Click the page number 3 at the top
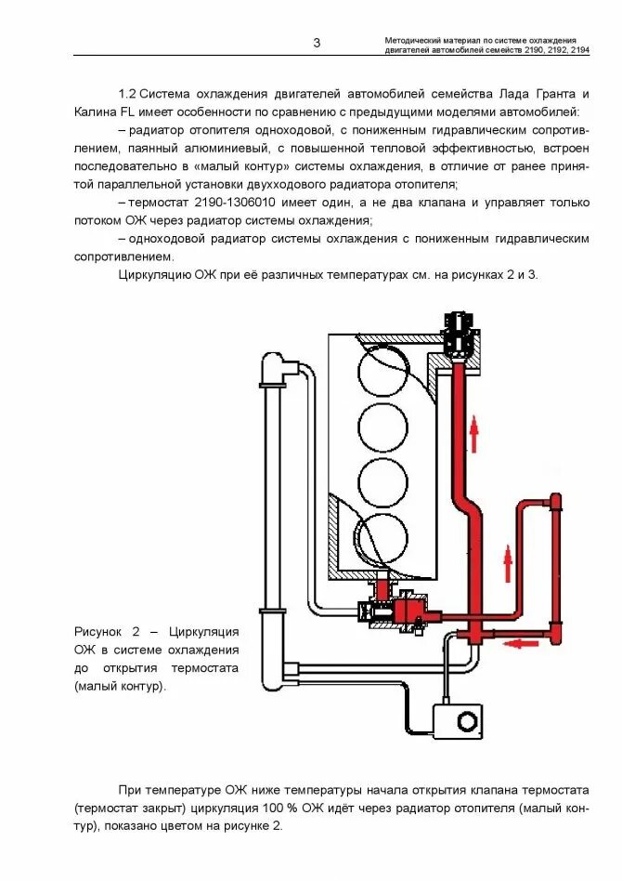pyautogui.click(x=317, y=43)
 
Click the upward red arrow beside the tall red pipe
pyautogui.click(x=473, y=433)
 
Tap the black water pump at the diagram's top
pyautogui.click(x=459, y=337)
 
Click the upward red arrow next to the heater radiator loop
pyautogui.click(x=508, y=562)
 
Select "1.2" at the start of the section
pyautogui.click(x=127, y=94)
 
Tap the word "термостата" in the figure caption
pyautogui.click(x=204, y=668)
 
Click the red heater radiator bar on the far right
pyautogui.click(x=555, y=567)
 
